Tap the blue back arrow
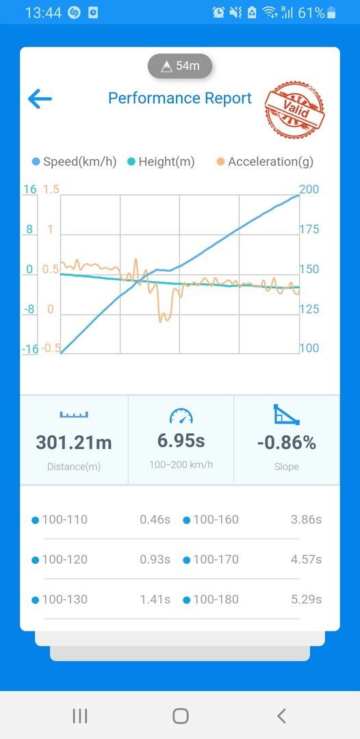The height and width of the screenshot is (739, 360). tap(40, 99)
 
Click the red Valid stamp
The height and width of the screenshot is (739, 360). tap(294, 110)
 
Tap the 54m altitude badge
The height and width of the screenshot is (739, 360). tap(180, 66)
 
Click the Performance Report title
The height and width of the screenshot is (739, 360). tap(180, 98)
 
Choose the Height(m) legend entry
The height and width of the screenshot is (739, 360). tap(161, 161)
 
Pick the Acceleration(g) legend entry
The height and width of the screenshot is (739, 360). tap(266, 161)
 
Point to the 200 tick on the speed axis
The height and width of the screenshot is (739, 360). tap(309, 190)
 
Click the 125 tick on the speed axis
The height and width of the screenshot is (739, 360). tap(309, 309)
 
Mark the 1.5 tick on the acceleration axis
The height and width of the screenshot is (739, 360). tap(51, 190)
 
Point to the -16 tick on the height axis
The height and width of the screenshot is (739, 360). tap(29, 349)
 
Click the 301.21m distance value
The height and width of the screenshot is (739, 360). tap(74, 443)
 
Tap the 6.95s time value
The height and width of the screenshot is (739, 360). tap(181, 441)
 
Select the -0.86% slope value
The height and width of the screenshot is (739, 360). tap(287, 443)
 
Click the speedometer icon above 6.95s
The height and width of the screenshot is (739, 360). tap(181, 416)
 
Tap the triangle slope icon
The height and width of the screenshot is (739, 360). tap(287, 415)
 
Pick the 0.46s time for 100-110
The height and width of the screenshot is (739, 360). tap(155, 519)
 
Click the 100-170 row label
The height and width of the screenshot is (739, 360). tap(216, 560)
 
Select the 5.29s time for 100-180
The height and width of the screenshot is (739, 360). tap(307, 599)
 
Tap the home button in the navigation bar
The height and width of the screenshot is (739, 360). tap(181, 716)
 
